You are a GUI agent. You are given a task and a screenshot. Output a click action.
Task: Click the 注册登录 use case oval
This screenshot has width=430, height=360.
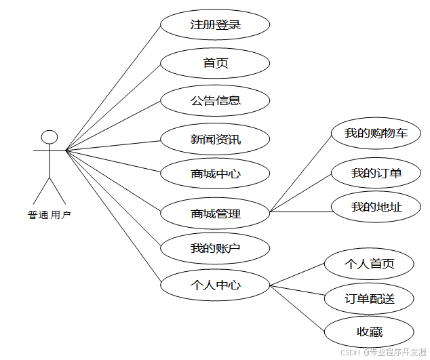(x=215, y=26)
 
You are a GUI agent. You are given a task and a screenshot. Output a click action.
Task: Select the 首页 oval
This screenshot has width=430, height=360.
(x=215, y=63)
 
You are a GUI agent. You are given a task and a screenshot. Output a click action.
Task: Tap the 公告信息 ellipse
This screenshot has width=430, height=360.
(x=215, y=100)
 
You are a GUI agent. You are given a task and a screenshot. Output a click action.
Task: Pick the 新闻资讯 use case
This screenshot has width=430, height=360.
(x=215, y=140)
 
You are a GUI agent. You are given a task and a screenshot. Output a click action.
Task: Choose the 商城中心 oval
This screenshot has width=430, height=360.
(x=215, y=174)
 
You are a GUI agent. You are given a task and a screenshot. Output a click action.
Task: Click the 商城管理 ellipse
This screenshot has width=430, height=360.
(x=215, y=214)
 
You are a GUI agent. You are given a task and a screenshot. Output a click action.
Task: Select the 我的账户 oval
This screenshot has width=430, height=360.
(x=215, y=248)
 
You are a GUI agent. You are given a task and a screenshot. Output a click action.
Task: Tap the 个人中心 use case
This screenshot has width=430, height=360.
(x=215, y=285)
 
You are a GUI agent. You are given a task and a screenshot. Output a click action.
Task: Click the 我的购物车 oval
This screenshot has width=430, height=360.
(x=376, y=134)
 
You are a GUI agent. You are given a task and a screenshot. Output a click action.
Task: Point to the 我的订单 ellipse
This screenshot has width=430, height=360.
(x=376, y=173)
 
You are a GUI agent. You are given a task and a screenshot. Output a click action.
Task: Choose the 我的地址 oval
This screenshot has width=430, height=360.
(x=376, y=207)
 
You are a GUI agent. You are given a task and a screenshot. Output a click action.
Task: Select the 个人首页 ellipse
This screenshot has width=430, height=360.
(x=369, y=264)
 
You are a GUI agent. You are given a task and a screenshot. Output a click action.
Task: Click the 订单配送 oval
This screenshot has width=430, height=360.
(x=369, y=299)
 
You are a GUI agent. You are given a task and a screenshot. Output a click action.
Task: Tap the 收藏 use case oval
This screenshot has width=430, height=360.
(x=369, y=332)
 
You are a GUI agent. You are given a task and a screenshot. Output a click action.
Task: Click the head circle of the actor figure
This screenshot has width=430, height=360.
(x=50, y=137)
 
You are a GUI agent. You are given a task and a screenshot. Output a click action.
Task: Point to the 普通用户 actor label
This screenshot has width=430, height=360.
(x=49, y=215)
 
